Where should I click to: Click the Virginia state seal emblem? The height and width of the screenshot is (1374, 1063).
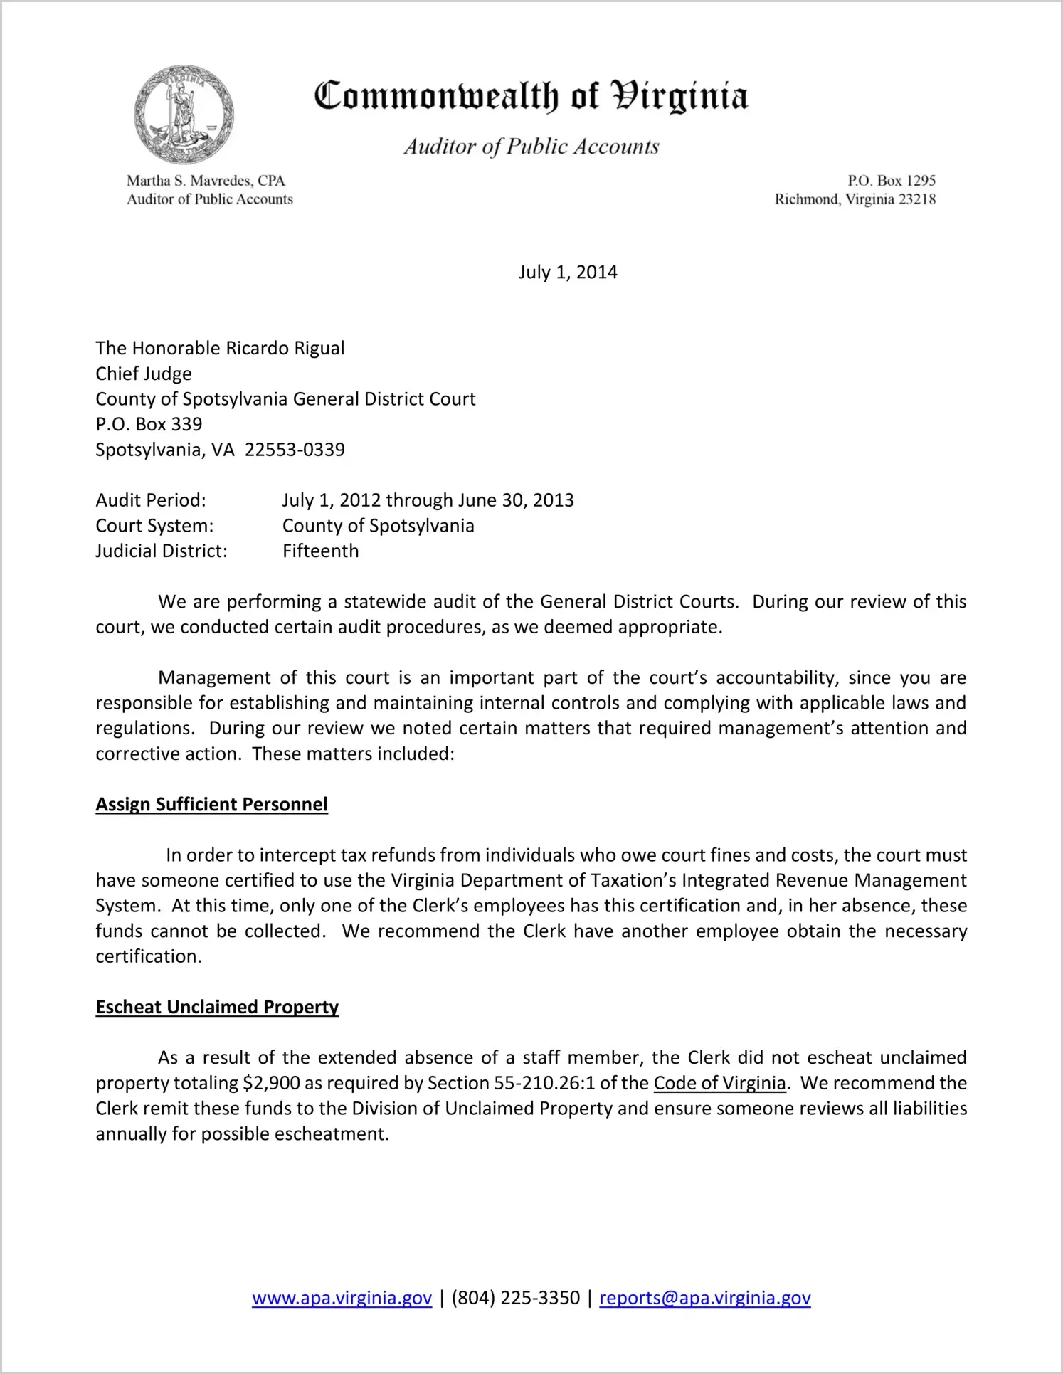click(x=184, y=114)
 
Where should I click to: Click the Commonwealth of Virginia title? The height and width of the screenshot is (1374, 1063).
click(x=531, y=96)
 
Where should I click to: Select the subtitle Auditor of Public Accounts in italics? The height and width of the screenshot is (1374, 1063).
click(x=531, y=147)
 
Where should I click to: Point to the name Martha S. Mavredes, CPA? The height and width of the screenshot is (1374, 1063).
click(x=206, y=181)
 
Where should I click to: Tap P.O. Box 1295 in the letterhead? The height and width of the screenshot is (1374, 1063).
click(x=891, y=181)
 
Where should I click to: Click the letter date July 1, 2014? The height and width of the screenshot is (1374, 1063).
click(x=568, y=273)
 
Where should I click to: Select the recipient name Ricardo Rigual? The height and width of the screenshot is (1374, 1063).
click(x=285, y=349)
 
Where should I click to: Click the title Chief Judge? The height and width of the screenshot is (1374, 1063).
click(x=144, y=374)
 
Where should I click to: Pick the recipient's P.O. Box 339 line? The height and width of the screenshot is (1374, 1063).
click(x=149, y=425)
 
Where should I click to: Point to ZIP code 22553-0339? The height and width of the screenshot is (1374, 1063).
click(x=295, y=450)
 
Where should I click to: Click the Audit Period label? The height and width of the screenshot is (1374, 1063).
click(x=151, y=501)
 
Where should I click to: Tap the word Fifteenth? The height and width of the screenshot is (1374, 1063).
click(x=320, y=551)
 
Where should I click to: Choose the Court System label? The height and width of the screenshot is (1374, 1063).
click(x=154, y=527)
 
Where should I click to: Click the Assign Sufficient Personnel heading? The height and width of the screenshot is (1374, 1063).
click(x=211, y=805)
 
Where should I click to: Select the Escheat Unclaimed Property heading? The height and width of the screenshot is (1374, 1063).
click(x=217, y=1008)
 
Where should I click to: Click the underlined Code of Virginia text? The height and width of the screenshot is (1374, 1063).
click(x=719, y=1084)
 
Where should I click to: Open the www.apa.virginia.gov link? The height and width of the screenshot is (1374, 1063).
click(x=342, y=1299)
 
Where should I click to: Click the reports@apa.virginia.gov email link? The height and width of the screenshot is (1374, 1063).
click(x=704, y=1299)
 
